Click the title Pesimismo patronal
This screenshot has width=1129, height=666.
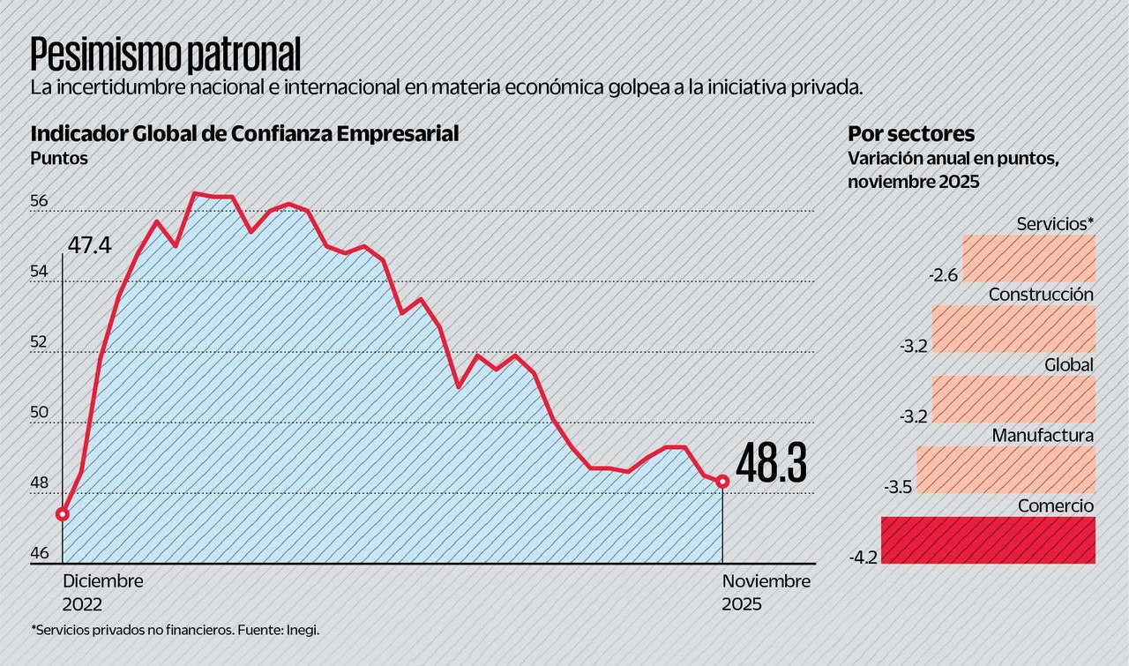click(166, 56)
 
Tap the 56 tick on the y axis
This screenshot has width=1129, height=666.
click(39, 201)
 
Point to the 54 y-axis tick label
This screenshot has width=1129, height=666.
click(39, 272)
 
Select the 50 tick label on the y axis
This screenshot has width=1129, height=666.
click(39, 413)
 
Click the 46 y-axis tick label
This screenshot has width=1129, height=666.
click(39, 554)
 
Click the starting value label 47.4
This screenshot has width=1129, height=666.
click(89, 244)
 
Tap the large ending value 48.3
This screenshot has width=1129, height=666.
click(771, 465)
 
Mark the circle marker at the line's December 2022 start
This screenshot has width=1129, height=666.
click(63, 513)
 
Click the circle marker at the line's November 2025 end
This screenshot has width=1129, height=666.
click(723, 481)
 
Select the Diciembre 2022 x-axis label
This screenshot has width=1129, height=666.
click(102, 593)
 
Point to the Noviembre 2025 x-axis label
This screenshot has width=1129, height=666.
click(766, 593)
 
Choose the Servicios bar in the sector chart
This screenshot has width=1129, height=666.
click(1028, 258)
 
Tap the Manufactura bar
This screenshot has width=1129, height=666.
click(1006, 469)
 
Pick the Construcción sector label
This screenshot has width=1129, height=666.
click(1041, 295)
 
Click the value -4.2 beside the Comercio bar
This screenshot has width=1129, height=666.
click(864, 557)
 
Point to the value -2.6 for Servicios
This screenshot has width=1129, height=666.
click(943, 275)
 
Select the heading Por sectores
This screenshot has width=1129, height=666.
click(911, 134)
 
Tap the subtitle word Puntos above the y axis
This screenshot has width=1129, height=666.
click(59, 159)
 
